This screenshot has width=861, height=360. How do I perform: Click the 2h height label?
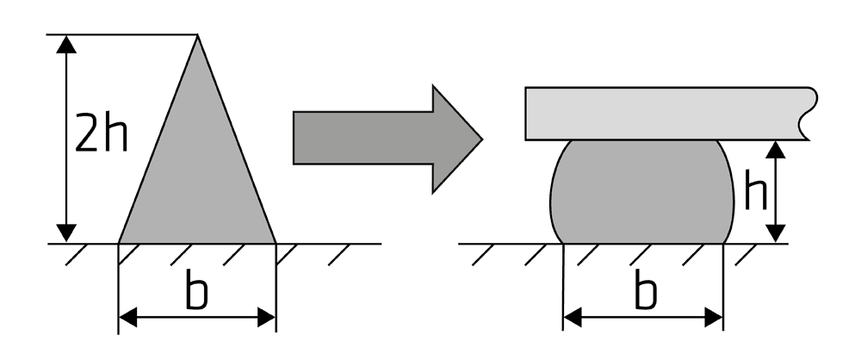point(101,133)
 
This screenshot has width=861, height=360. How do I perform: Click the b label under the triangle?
point(197,289)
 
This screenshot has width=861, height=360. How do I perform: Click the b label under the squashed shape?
point(646,289)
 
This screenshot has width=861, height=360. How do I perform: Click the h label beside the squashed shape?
point(756,189)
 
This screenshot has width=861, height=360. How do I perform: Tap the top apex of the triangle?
point(197,34)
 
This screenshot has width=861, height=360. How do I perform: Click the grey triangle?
point(197,164)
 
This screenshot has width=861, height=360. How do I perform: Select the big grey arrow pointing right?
point(387,139)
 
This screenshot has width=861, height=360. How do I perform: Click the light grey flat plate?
point(671,114)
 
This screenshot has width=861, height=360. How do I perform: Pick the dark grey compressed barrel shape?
point(642,192)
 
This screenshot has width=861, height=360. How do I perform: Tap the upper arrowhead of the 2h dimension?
point(66,44)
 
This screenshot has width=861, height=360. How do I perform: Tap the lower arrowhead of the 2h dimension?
point(66,233)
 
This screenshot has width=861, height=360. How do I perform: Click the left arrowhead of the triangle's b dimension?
point(128,317)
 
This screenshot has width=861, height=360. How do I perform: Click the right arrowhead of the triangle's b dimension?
point(266,317)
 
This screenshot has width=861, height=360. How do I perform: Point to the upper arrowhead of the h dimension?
point(776,150)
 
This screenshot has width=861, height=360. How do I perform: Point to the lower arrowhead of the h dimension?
point(776,233)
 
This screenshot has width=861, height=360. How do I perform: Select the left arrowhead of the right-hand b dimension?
point(573,317)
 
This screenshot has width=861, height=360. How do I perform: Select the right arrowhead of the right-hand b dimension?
point(714,317)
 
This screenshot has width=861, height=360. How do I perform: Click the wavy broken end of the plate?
point(808,114)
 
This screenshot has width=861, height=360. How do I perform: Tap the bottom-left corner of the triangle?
point(119,243)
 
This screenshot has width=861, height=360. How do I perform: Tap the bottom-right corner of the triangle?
point(276,243)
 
